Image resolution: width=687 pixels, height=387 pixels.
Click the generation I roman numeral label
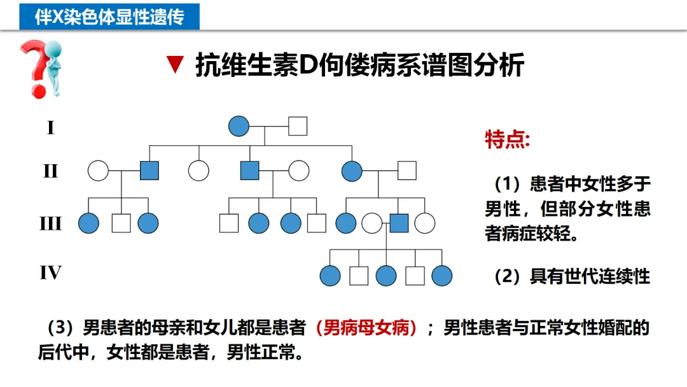tap(50, 128)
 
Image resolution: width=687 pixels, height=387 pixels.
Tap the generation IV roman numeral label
tap(50, 273)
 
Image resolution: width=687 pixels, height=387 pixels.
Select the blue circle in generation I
tap(239, 126)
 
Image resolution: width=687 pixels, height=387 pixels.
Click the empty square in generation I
tap(297, 126)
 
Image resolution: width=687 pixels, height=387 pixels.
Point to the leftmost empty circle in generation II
tap(98, 171)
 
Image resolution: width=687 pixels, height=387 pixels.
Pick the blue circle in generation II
tap(352, 171)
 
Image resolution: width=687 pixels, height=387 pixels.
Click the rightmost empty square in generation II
tap(406, 171)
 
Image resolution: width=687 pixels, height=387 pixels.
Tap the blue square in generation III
tap(398, 223)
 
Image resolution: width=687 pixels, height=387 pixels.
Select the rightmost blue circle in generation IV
tap(441, 276)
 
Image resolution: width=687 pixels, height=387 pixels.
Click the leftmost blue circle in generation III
tap(88, 223)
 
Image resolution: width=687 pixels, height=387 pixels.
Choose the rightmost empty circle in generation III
tap(424, 223)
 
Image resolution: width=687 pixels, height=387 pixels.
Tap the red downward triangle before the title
tap(174, 66)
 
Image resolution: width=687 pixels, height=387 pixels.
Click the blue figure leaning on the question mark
tap(55, 67)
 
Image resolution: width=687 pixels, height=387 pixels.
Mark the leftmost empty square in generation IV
tap(359, 276)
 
